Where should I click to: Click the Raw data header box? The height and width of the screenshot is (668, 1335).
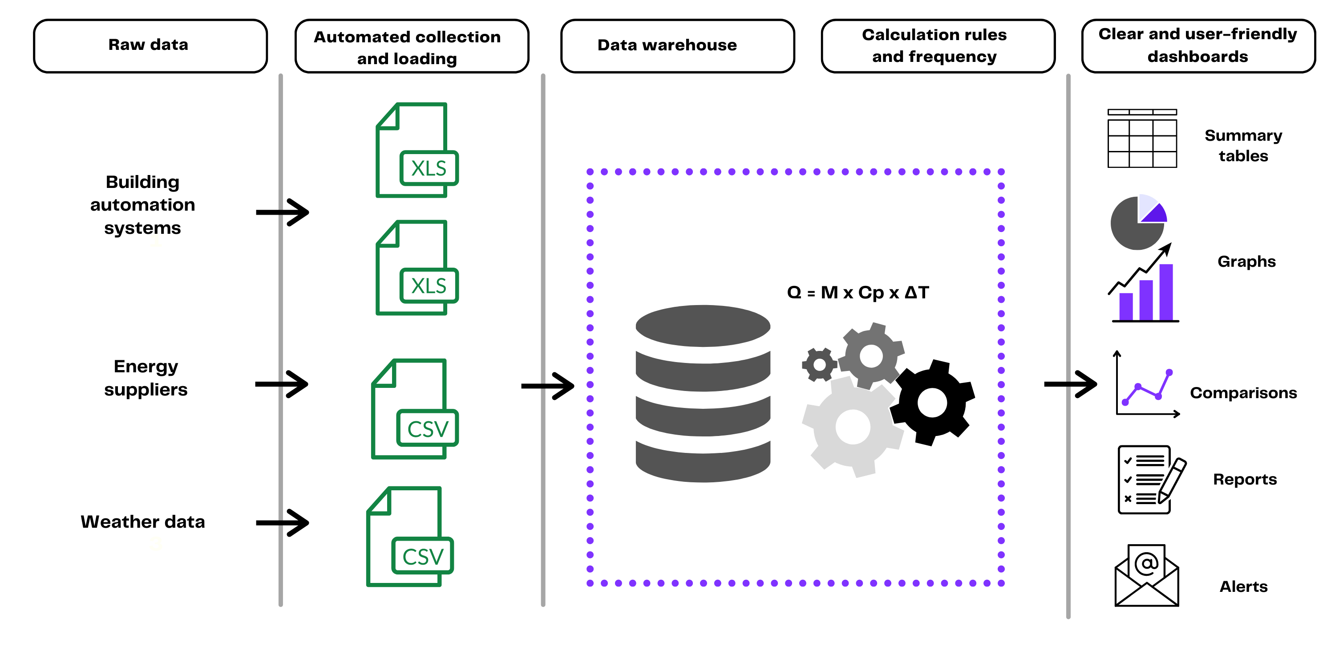point(150,45)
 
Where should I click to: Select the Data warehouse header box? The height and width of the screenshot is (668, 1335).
point(677,45)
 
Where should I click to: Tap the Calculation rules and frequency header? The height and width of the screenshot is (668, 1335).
point(938,45)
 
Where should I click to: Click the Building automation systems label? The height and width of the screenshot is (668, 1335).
point(142,205)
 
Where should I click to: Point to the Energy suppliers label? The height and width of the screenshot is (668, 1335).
point(146,378)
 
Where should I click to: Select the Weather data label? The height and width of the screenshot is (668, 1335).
point(142,522)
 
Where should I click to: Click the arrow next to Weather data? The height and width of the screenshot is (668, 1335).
point(283,522)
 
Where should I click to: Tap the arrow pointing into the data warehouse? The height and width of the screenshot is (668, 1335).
point(548,386)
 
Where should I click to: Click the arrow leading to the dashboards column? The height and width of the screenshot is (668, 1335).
point(1071,384)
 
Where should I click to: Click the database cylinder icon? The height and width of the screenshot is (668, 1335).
point(703,394)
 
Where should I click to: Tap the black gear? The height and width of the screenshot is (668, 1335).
point(932,403)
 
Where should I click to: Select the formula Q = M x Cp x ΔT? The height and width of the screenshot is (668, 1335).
point(858,293)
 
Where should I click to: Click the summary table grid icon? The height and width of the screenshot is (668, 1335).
point(1142,138)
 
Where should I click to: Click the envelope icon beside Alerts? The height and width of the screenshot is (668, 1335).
point(1147,576)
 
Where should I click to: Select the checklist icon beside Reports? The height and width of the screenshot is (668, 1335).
point(1150,480)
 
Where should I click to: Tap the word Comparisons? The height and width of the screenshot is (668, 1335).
point(1243,393)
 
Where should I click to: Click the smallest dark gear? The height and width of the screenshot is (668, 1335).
point(819,365)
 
